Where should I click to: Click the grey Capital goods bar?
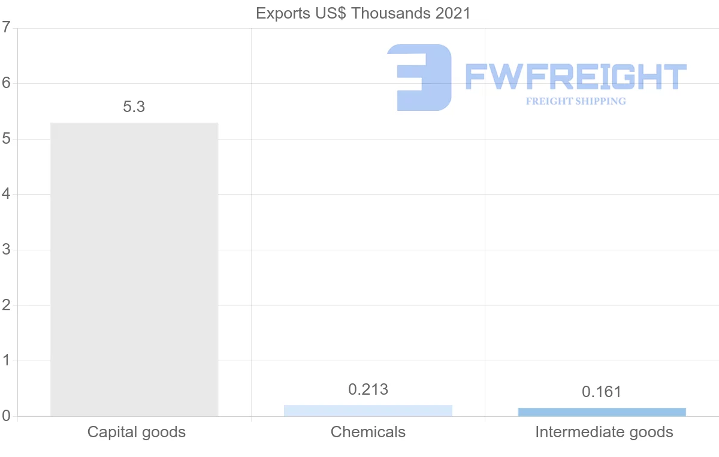(x=134, y=269)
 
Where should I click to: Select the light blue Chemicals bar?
(x=368, y=410)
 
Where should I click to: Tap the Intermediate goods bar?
(x=602, y=412)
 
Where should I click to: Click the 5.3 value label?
(x=134, y=107)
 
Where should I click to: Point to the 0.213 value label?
(x=368, y=390)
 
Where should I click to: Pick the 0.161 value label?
(x=602, y=392)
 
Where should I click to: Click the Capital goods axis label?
(x=137, y=432)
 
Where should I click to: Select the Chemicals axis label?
(x=368, y=432)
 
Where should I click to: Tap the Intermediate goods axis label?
(x=604, y=432)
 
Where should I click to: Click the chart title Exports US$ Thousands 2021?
(x=363, y=13)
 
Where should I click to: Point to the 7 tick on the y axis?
(x=6, y=28)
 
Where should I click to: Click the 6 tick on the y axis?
(x=6, y=83)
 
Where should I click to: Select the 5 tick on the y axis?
(x=6, y=139)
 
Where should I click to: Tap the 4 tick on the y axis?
(x=6, y=195)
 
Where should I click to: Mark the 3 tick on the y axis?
(x=6, y=250)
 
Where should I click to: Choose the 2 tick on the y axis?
(x=6, y=305)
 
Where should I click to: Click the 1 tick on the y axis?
(x=6, y=361)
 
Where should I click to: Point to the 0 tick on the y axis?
(x=6, y=416)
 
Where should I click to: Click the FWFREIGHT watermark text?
(x=575, y=77)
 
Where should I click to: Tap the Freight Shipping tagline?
(x=576, y=101)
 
